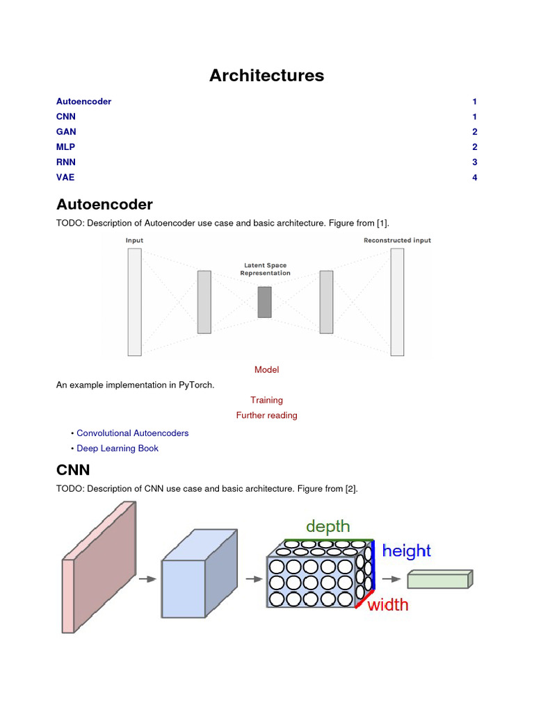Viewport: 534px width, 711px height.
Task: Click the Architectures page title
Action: click(x=266, y=76)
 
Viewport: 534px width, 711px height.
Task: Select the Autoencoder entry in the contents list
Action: click(x=83, y=101)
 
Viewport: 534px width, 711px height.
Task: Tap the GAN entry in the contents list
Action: click(x=66, y=132)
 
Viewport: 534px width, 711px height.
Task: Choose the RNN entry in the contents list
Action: click(x=66, y=162)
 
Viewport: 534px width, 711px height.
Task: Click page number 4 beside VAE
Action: click(x=474, y=178)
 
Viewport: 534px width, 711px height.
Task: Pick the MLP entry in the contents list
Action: click(x=66, y=147)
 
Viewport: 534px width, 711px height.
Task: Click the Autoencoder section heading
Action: click(x=104, y=205)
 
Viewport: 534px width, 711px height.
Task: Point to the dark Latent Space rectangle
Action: click(x=264, y=302)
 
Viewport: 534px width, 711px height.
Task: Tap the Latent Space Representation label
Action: click(x=265, y=269)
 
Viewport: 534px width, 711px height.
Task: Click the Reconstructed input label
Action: click(x=397, y=240)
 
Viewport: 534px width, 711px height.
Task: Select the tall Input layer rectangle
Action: click(x=134, y=302)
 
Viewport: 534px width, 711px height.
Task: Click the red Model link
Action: click(x=266, y=370)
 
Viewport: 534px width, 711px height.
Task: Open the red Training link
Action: click(x=266, y=400)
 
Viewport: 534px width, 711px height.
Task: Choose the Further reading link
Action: click(x=266, y=415)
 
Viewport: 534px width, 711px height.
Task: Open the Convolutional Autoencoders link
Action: click(x=132, y=433)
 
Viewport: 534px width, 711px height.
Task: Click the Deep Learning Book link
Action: click(x=118, y=449)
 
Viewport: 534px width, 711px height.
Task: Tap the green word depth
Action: click(x=327, y=526)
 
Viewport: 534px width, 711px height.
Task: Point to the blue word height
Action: click(x=406, y=551)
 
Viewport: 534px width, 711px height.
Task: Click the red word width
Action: click(x=388, y=605)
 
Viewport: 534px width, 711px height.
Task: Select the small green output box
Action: click(x=439, y=579)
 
